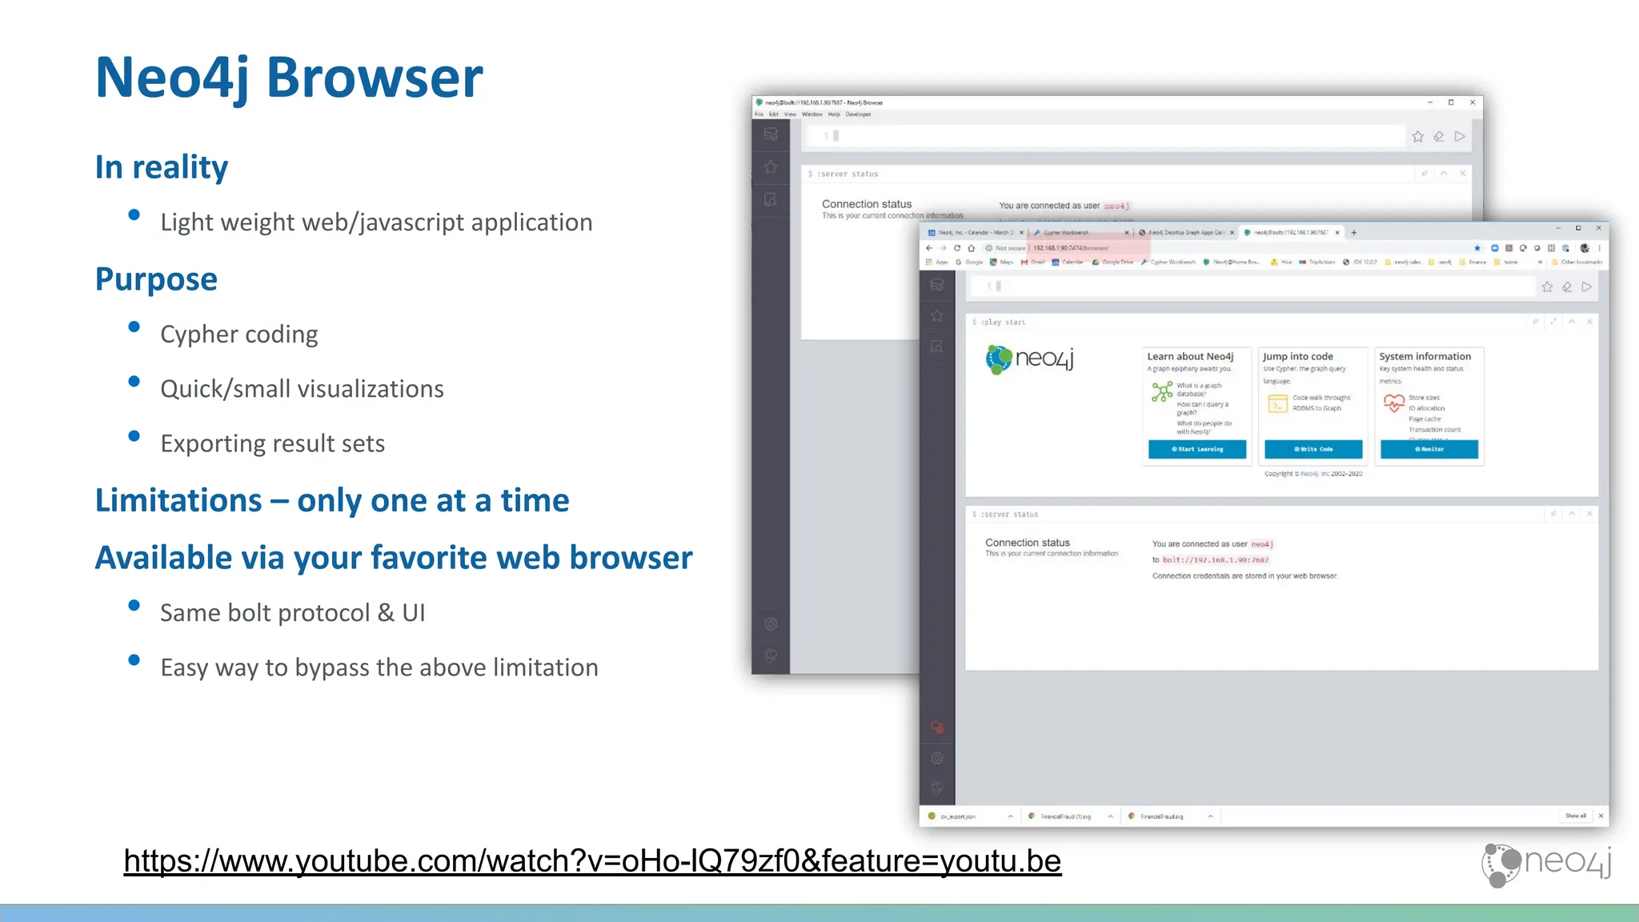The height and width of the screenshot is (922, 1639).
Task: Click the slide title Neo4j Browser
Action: tap(289, 78)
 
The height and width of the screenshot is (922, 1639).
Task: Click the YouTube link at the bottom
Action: tap(592, 861)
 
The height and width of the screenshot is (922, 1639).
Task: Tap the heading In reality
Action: tap(162, 167)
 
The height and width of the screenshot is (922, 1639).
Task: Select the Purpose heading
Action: tap(156, 279)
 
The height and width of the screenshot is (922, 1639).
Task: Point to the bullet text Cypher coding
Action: tap(239, 335)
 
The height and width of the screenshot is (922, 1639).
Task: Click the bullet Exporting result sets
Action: tap(273, 443)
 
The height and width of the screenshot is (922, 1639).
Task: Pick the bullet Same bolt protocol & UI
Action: tap(293, 613)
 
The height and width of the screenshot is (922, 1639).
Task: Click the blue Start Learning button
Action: tap(1197, 449)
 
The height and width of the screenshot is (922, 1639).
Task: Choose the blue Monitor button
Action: tap(1429, 449)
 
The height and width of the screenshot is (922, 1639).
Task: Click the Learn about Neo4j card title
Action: tap(1190, 357)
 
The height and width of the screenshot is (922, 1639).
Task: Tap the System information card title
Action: tap(1425, 357)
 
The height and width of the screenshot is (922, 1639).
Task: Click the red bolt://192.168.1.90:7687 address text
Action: tap(1216, 560)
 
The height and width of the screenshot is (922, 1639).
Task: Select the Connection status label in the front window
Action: tap(1028, 543)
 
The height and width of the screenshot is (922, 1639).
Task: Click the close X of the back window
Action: tap(1473, 102)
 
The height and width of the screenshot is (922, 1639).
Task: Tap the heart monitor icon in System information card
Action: tap(1394, 403)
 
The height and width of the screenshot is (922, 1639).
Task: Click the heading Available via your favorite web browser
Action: tap(394, 558)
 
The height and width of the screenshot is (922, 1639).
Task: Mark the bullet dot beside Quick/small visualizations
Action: tap(134, 382)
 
